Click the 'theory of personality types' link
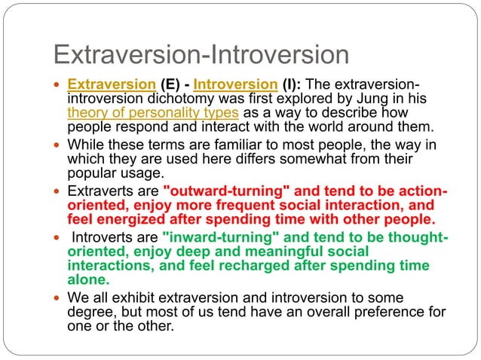point(153,112)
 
